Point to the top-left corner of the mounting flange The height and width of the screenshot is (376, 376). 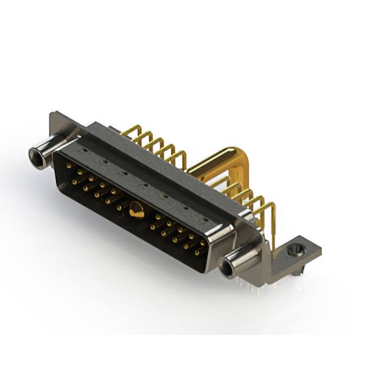(53, 114)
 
